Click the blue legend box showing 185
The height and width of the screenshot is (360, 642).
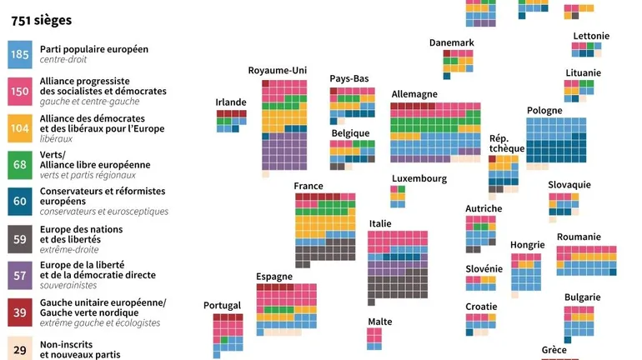(19, 54)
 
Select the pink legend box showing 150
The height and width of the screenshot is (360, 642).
(19, 90)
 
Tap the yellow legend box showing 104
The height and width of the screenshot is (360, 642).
(19, 127)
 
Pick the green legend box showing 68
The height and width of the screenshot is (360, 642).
(19, 164)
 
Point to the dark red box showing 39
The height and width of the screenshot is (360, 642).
(19, 311)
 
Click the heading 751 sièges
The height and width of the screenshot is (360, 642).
(41, 19)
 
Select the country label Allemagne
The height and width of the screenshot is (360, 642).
(414, 95)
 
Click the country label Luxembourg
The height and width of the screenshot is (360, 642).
(419, 178)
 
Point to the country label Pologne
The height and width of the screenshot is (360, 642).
(544, 111)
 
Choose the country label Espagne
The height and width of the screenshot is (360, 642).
(275, 277)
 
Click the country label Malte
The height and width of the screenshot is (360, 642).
(380, 322)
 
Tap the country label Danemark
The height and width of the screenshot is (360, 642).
(452, 42)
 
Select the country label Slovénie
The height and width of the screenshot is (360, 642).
(484, 268)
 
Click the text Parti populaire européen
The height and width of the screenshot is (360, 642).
(94, 49)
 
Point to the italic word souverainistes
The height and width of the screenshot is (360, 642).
(69, 285)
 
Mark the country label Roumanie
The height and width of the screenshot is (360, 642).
(579, 237)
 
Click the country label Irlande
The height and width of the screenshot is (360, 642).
(231, 102)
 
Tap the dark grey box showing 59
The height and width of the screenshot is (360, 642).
(19, 237)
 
